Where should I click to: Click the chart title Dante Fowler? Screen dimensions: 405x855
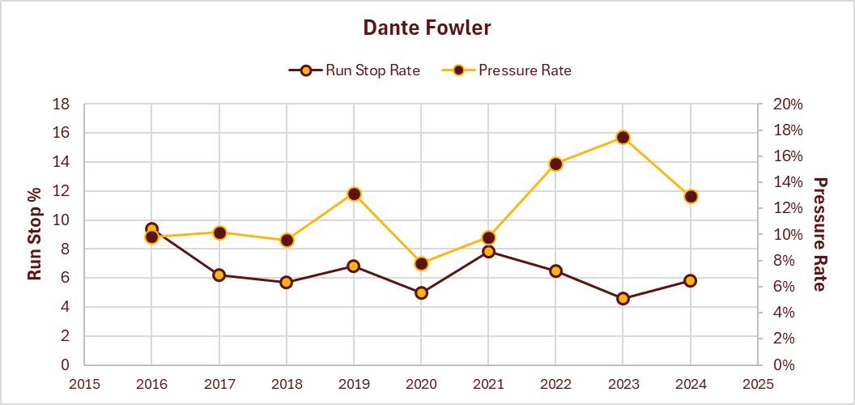(427, 28)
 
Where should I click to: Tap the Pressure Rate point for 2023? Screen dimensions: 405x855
(623, 138)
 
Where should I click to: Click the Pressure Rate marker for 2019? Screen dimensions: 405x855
(354, 194)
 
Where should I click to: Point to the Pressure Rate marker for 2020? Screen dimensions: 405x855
(421, 264)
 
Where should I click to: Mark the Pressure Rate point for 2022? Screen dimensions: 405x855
(555, 164)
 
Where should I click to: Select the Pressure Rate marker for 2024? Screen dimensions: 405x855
(691, 196)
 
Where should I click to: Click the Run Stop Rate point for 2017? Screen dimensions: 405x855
(219, 275)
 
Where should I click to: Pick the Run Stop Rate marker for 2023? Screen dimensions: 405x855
(623, 298)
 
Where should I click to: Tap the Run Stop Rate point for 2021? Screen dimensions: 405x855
(488, 252)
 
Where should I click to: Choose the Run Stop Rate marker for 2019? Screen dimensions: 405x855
(354, 266)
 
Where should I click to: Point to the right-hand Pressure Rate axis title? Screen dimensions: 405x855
(819, 234)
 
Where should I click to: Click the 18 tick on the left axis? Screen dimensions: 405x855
(61, 104)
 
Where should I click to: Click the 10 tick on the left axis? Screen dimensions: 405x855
(61, 220)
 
